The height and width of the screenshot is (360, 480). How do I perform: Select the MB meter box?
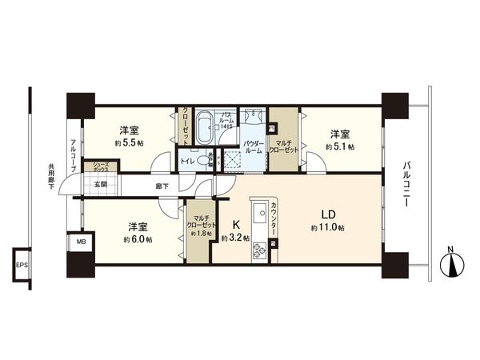click(81, 241)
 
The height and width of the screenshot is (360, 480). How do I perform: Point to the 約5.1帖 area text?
click(340, 147)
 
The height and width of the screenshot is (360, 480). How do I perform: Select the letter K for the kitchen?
click(237, 225)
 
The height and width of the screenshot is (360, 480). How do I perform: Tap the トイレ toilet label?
click(187, 160)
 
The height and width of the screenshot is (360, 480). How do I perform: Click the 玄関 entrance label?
click(101, 185)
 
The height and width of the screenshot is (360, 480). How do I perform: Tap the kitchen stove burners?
click(260, 253)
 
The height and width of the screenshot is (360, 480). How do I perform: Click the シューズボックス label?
click(101, 168)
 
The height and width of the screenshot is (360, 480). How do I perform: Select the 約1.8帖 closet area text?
click(199, 234)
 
